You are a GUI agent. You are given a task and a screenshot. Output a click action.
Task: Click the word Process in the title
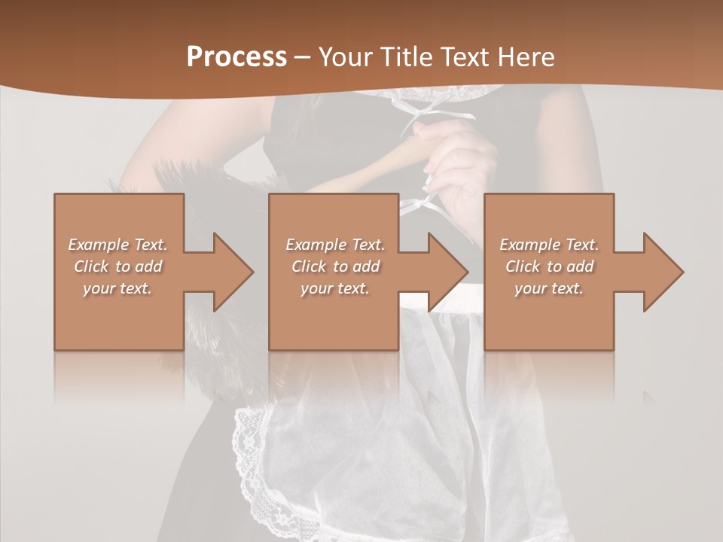[236, 56]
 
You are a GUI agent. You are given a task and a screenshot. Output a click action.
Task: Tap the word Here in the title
[526, 56]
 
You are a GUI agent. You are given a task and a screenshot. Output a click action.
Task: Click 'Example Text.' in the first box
[117, 245]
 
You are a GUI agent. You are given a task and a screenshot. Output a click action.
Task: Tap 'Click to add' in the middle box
[335, 266]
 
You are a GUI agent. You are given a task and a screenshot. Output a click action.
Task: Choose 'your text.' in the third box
[549, 288]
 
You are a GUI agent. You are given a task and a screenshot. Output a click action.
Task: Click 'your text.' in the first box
[117, 288]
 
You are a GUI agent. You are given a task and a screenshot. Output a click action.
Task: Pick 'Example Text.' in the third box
[549, 245]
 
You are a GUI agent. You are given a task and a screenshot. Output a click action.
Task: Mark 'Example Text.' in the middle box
[335, 245]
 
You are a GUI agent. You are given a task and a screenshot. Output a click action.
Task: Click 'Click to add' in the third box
[549, 266]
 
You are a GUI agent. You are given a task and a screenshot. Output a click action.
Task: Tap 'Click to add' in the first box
[117, 266]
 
